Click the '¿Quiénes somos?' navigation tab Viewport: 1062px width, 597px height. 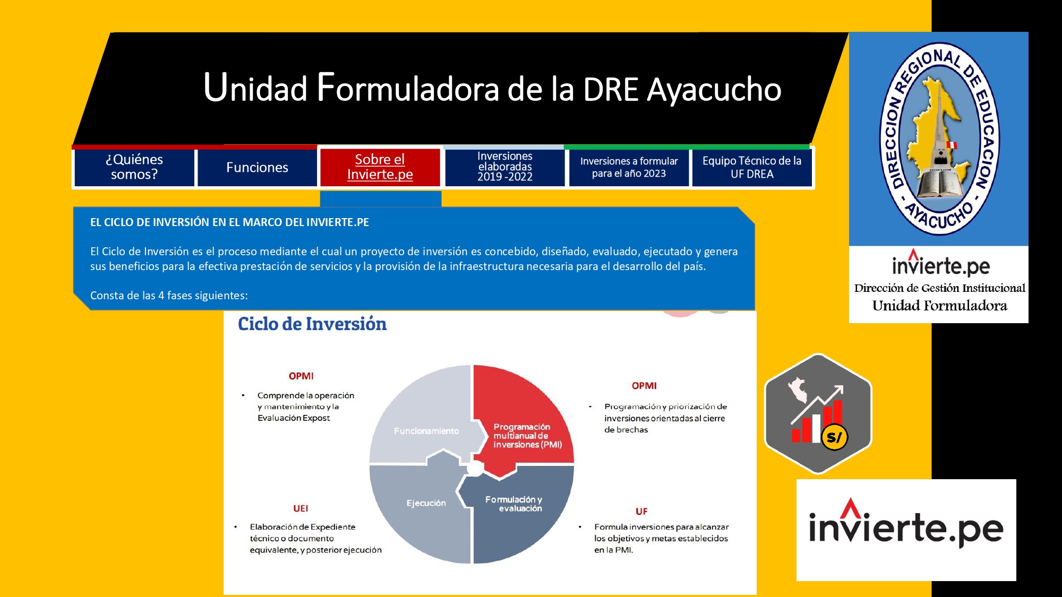[134, 167]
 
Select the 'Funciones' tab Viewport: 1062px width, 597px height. [257, 167]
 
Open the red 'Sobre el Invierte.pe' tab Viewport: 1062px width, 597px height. [380, 167]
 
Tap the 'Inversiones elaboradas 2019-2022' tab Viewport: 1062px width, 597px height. [504, 167]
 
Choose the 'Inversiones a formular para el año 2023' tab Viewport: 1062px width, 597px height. [629, 167]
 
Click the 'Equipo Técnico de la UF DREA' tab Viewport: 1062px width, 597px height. [752, 167]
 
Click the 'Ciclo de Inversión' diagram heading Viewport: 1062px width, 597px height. [312, 324]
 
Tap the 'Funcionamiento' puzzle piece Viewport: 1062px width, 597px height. [419, 419]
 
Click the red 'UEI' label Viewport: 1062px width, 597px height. [301, 508]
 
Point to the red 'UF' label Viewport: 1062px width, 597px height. [641, 512]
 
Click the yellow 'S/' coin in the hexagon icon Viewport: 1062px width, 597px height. [834, 437]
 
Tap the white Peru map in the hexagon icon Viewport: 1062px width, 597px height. [798, 391]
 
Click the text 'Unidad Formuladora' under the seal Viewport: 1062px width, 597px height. [939, 306]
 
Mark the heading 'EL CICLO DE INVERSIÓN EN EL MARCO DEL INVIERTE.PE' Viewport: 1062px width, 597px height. [229, 222]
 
